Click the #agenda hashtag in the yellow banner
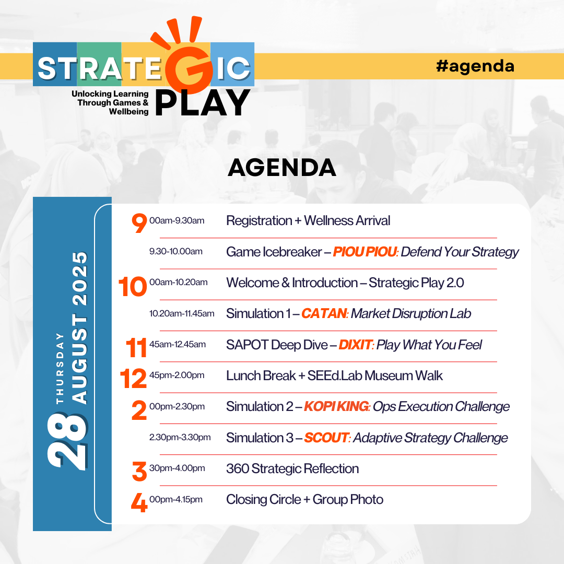pos(475,66)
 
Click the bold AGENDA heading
pos(282,168)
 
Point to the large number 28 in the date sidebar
pos(67,440)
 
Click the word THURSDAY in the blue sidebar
pos(60,368)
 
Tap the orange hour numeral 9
pos(139,222)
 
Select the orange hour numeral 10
pos(133,287)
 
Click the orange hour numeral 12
pos(133,379)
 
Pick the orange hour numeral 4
pos(139,502)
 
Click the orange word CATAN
pos(324,313)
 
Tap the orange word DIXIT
pos(356,345)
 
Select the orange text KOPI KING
pos(336,406)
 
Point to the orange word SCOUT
pos(326,438)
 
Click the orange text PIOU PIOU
pos(365,252)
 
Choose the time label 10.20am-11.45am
pos(182,313)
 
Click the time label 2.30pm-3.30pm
pos(180,438)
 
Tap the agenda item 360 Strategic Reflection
pos(292,468)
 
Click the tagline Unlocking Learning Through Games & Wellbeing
pos(110,102)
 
